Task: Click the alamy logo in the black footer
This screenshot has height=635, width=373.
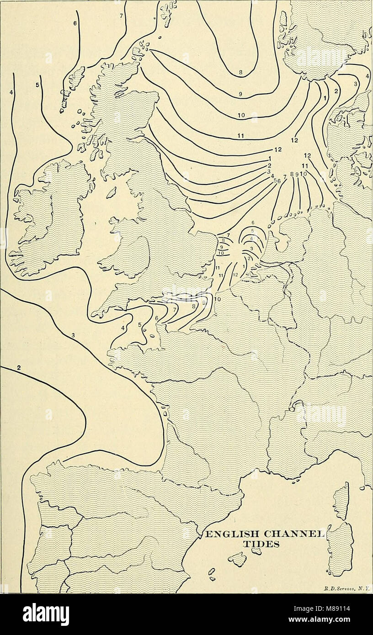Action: coord(46,614)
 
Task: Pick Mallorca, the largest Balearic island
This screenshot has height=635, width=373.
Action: coord(237,558)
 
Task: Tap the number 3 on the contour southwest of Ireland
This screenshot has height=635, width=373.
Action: coord(73,336)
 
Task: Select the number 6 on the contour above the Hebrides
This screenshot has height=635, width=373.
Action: coord(75,22)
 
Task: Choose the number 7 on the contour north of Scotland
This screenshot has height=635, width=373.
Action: coord(121,16)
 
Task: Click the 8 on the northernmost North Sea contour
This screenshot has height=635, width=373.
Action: coord(240,72)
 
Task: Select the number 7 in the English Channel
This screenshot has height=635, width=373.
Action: coord(175,310)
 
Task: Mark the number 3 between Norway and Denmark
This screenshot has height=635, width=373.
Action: coord(356,84)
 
